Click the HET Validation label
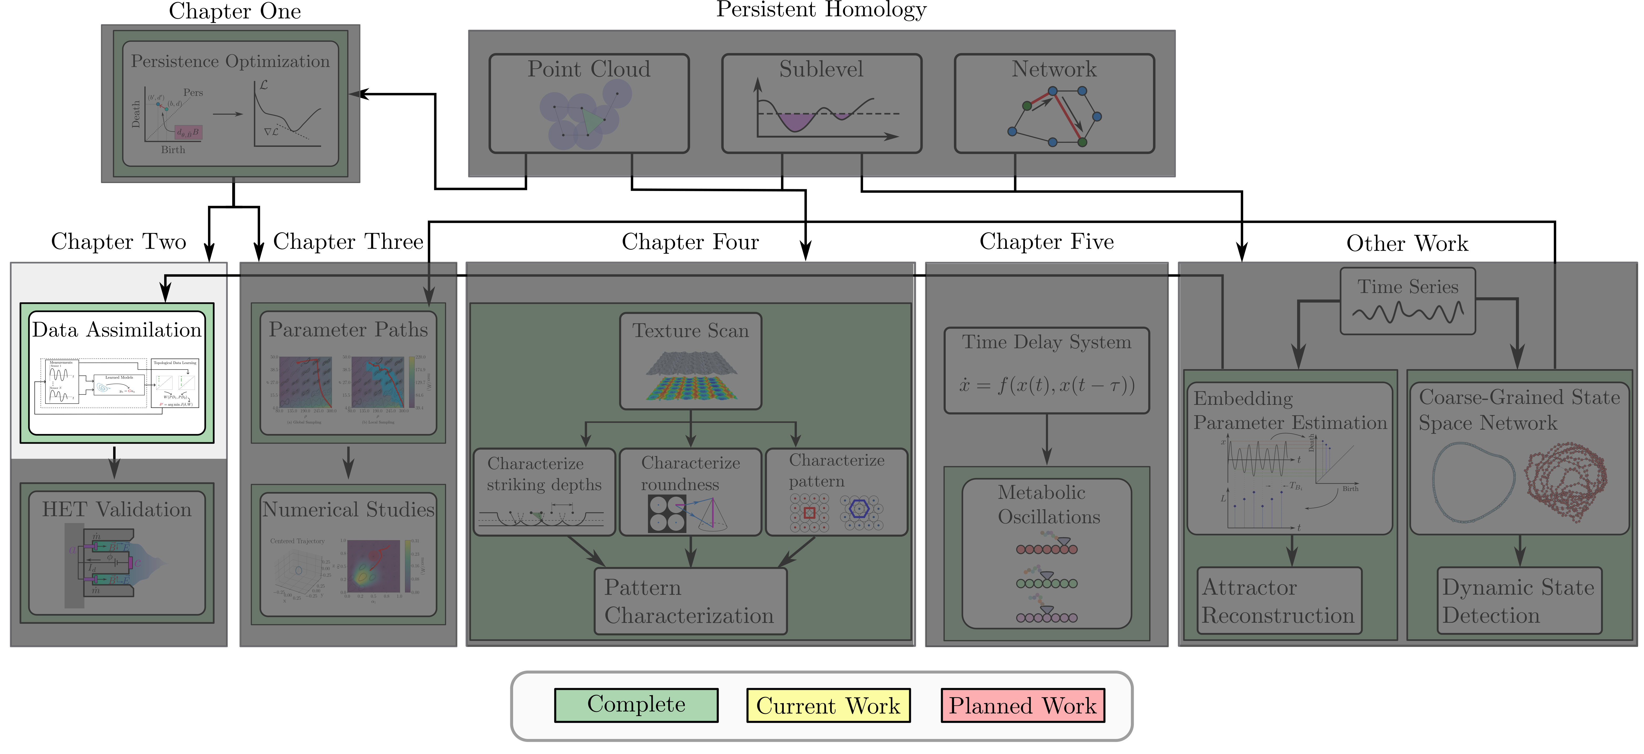click(117, 510)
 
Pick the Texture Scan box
click(691, 361)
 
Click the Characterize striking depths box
click(544, 492)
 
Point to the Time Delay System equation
click(1047, 385)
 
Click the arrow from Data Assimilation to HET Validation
click(114, 463)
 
